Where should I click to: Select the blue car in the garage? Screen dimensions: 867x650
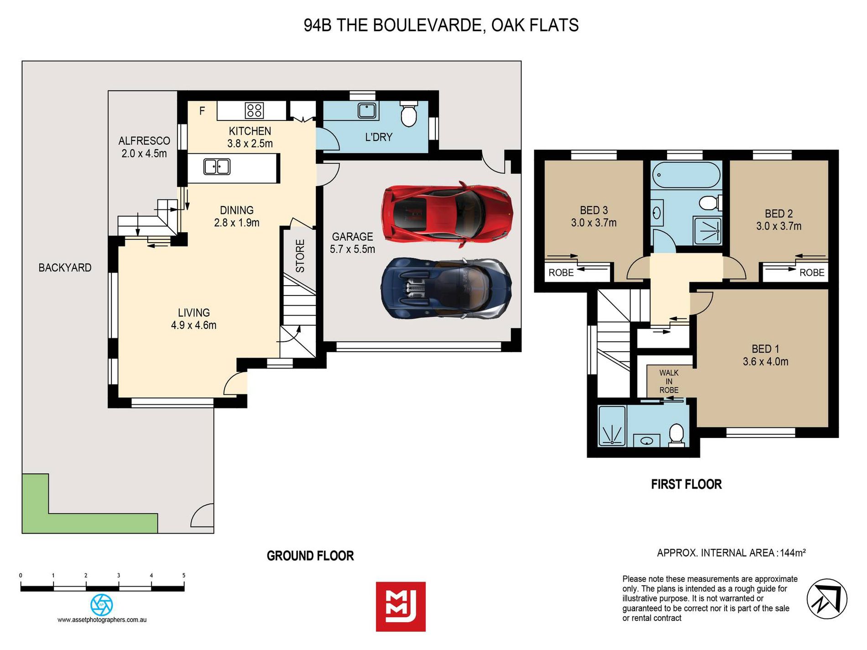tap(446, 289)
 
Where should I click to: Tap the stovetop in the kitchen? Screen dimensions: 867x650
tap(254, 111)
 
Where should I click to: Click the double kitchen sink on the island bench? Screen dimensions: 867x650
tap(217, 167)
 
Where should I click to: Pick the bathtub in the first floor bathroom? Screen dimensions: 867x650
tap(686, 175)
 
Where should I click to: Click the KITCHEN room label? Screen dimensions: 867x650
tap(250, 131)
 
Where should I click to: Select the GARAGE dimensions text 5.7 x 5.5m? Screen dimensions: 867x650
tap(352, 250)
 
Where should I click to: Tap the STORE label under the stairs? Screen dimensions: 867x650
tap(300, 256)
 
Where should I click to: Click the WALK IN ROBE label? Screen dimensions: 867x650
tap(669, 381)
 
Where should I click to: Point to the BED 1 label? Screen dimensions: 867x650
tap(765, 349)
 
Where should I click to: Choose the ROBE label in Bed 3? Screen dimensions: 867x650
tap(561, 273)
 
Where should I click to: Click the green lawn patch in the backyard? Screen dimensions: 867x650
tap(68, 515)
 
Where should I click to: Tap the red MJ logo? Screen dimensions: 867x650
tap(401, 607)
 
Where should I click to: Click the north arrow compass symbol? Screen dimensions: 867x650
tap(827, 599)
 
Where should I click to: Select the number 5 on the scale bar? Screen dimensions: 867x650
tap(184, 576)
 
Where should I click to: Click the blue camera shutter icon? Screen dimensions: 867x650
tap(102, 605)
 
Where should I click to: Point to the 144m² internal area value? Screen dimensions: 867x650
tap(793, 553)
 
